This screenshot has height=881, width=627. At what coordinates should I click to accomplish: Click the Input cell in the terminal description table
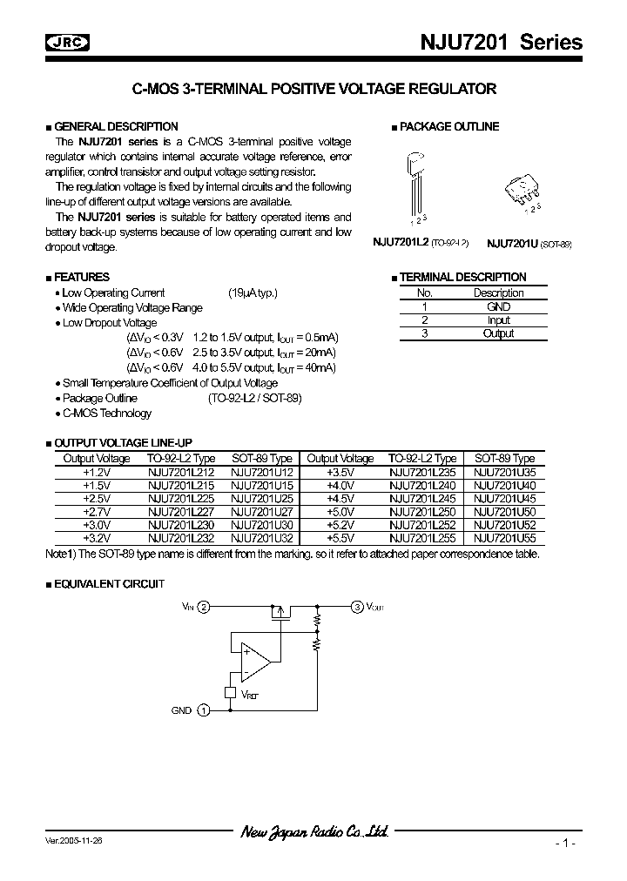(498, 319)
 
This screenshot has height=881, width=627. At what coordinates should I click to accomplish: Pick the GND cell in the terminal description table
(498, 306)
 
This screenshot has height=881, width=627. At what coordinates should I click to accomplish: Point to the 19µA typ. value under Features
(253, 293)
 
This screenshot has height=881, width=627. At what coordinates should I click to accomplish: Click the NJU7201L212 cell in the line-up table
(179, 472)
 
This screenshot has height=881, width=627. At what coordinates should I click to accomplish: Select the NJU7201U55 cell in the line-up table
(504, 539)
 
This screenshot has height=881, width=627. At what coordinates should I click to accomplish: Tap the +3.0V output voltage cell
(96, 526)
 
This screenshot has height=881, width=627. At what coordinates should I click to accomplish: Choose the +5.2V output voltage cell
(340, 526)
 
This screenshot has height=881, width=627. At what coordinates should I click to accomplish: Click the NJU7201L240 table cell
(421, 486)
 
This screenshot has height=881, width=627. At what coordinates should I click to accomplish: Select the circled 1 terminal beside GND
(204, 710)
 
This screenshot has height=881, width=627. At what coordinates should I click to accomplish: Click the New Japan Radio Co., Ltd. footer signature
(313, 833)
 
